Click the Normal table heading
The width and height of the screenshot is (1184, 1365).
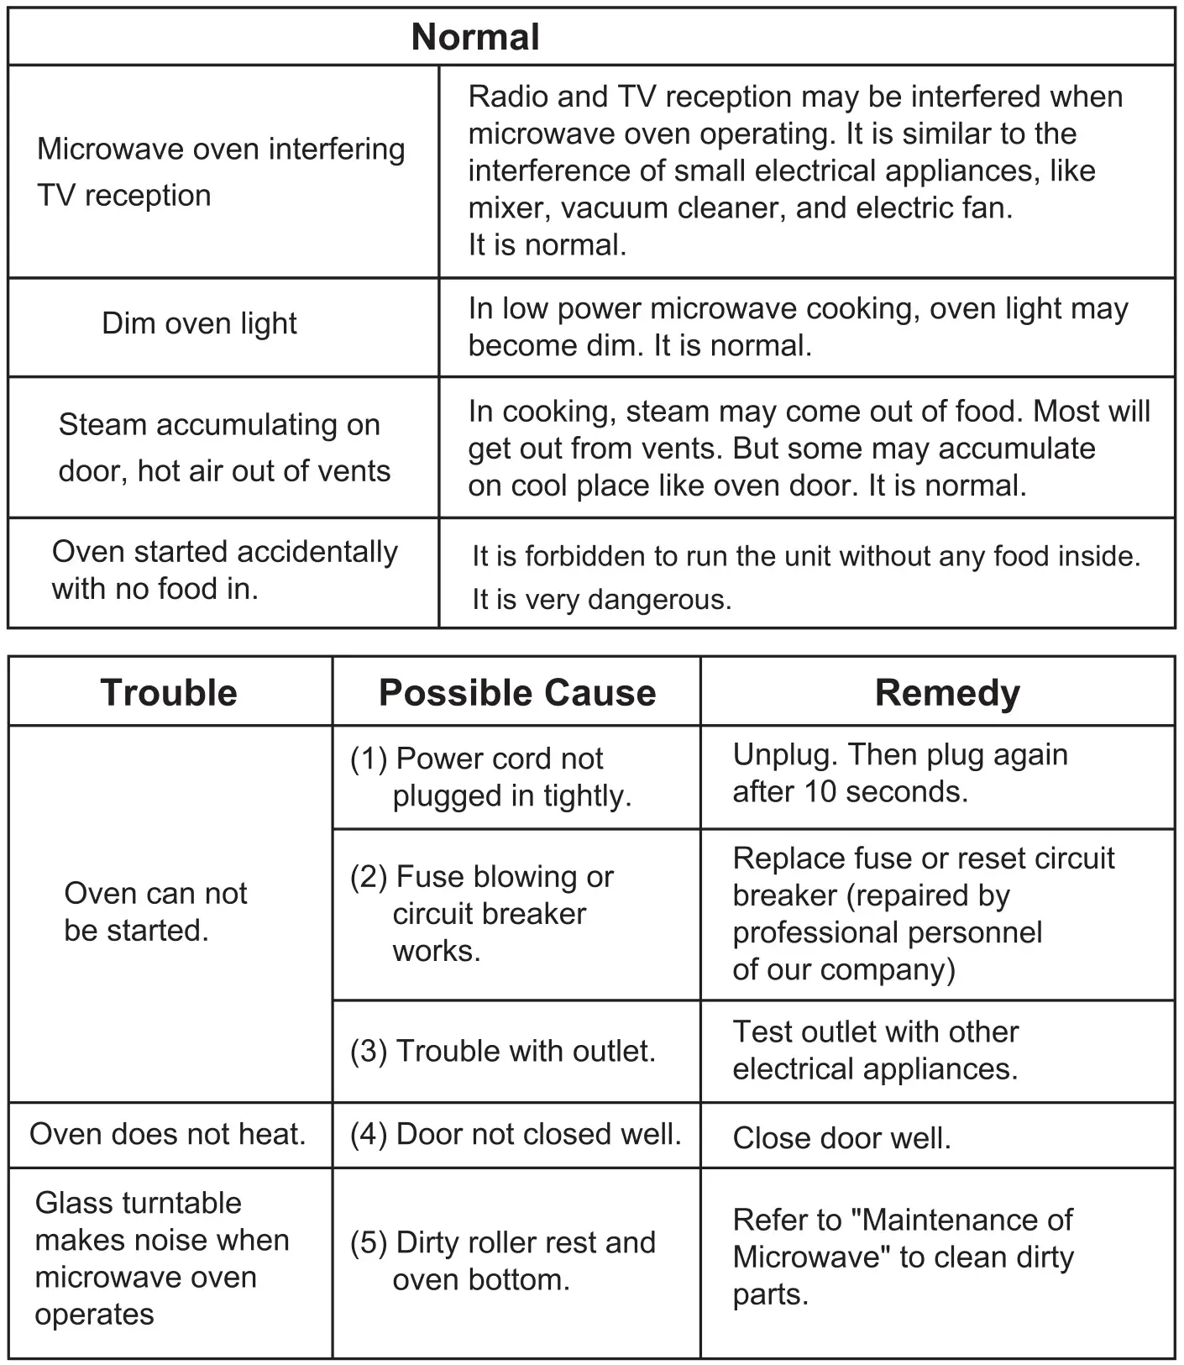(x=475, y=37)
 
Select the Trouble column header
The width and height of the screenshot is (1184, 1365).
(x=169, y=693)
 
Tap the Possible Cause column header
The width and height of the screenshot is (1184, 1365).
(x=517, y=693)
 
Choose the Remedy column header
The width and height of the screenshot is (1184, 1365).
(x=947, y=693)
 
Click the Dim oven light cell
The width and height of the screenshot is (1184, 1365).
(x=199, y=323)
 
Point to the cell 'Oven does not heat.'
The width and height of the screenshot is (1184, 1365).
(x=168, y=1134)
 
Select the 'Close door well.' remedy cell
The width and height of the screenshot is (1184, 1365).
(x=841, y=1138)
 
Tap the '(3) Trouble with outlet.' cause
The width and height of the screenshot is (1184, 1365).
(x=503, y=1051)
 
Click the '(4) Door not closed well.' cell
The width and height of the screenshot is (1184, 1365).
(x=516, y=1134)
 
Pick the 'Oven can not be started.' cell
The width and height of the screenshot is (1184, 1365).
(x=156, y=911)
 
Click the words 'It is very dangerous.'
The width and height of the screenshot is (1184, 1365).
(x=601, y=600)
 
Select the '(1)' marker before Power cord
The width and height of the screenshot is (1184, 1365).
(x=369, y=759)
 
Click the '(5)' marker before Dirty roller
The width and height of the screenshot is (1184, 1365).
(x=369, y=1242)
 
